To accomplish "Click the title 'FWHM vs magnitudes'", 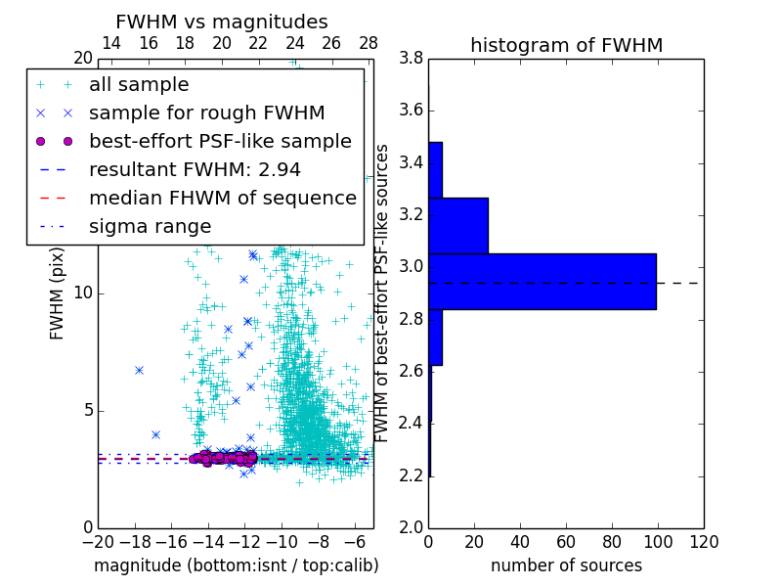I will [x=222, y=22].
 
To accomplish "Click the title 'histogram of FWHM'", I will [x=566, y=45].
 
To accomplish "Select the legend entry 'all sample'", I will [x=139, y=85].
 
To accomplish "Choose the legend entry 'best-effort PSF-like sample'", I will [x=220, y=141].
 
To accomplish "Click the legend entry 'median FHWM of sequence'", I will [x=222, y=198].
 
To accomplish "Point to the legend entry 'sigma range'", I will [x=150, y=226].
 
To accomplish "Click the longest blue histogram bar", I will [x=543, y=282].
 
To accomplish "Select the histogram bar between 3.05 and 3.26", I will [x=458, y=225].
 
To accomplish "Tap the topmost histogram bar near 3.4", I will [x=435, y=169].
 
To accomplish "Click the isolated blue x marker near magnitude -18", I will [x=139, y=370].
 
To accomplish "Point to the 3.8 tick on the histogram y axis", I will [x=411, y=59].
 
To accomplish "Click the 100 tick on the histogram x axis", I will [x=658, y=541].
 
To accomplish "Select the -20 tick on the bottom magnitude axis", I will [x=98, y=541].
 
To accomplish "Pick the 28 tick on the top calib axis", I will [x=369, y=43].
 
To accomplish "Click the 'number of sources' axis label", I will [x=566, y=565].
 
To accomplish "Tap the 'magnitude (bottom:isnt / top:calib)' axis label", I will [x=236, y=565].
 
